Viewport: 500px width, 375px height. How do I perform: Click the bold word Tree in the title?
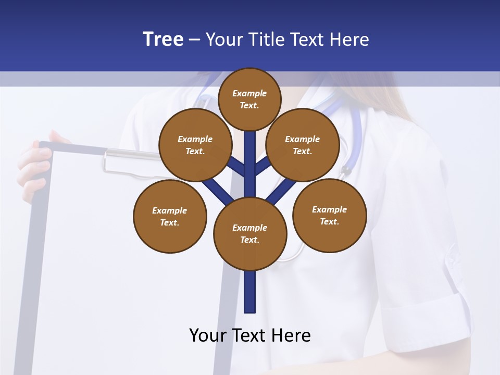click(163, 39)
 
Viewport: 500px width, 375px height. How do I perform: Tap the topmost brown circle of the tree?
click(249, 99)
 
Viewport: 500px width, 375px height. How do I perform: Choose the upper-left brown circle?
click(195, 145)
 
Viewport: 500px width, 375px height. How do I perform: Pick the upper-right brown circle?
click(303, 145)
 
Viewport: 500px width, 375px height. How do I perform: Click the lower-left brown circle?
click(170, 216)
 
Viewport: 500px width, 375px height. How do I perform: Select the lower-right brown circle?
click(329, 215)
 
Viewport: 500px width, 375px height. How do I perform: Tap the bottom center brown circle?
click(250, 233)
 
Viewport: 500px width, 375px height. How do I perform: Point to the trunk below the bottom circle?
click(250, 292)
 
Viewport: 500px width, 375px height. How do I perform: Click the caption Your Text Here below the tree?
click(250, 335)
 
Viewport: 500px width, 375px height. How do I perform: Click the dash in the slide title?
click(194, 40)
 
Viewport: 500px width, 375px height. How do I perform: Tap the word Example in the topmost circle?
click(249, 93)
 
